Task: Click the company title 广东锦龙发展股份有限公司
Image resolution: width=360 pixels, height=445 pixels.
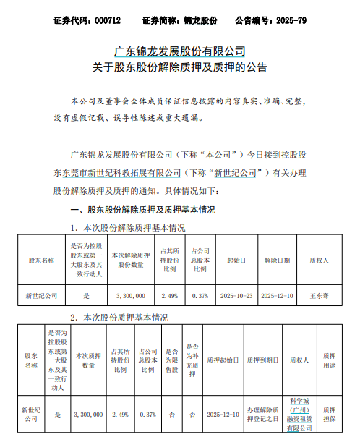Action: point(181,51)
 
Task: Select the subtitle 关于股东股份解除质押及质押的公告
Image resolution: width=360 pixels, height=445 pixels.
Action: point(180,69)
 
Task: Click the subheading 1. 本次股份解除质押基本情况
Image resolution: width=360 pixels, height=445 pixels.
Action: point(128,227)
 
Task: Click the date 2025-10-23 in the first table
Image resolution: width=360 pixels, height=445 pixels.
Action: point(236,296)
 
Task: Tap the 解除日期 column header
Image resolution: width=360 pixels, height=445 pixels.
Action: point(278,258)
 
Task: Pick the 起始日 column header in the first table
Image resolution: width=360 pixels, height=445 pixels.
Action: point(236,258)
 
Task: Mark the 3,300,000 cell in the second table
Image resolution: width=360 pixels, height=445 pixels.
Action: point(90,414)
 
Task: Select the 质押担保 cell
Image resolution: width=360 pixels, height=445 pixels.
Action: point(329,414)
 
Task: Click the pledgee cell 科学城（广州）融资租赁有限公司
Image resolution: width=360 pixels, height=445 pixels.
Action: point(299,414)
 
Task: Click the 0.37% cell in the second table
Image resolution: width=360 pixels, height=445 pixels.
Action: point(147,414)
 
